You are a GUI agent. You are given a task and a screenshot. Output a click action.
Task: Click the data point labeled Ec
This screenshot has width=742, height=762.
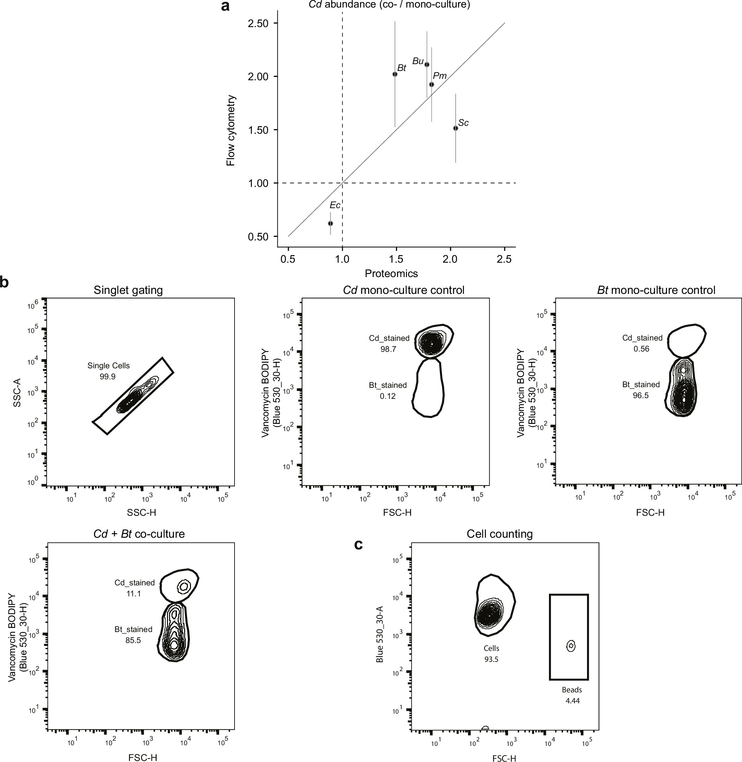pos(331,223)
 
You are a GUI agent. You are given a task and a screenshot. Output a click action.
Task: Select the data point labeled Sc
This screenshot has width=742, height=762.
pos(455,128)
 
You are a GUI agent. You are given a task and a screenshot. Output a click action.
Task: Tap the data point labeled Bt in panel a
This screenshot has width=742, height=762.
pos(395,74)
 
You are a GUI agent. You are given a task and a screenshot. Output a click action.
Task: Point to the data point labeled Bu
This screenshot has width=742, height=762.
pos(427,65)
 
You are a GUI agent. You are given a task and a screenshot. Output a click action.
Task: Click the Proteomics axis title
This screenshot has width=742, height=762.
pos(391,274)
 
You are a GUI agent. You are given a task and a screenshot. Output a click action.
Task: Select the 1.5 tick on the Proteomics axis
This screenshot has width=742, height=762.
pos(396,260)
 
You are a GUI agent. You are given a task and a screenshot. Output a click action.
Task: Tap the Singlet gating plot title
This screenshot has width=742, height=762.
pos(128,290)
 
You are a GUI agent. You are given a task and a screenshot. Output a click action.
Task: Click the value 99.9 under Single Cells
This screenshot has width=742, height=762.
pos(108,377)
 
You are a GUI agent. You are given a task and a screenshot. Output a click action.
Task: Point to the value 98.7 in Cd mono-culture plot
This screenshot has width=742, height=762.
pos(388,349)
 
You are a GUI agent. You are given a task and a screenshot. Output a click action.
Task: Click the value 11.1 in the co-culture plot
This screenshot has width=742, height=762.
pos(133,594)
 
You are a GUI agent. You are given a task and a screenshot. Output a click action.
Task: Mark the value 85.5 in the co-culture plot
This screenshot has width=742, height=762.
pos(133,640)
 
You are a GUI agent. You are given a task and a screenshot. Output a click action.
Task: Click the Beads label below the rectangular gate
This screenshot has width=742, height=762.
pos(572,690)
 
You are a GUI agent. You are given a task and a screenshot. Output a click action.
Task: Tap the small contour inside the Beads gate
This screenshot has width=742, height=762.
pos(571,646)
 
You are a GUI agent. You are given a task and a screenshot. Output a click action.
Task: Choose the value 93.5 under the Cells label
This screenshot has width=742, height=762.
pos(491,659)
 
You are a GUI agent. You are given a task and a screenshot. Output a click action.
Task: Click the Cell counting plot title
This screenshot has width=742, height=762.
pos(500,534)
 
